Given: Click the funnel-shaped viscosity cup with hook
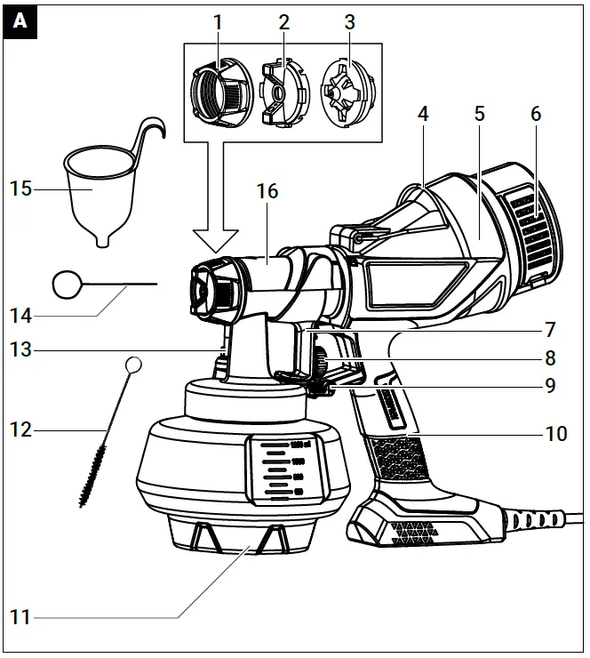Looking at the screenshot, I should (x=98, y=191).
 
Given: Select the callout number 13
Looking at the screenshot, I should (x=20, y=349).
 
